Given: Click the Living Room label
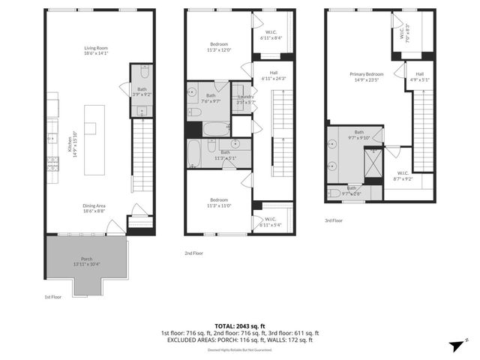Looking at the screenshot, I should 96,51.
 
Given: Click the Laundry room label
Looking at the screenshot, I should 246,99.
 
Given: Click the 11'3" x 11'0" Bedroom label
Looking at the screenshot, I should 219,202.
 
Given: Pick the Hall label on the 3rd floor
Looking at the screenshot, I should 420,76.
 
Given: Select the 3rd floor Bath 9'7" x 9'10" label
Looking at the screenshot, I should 359,134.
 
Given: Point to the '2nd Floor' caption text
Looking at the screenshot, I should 193,253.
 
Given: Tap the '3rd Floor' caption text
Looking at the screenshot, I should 334,220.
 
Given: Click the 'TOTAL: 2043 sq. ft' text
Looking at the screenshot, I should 239,325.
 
